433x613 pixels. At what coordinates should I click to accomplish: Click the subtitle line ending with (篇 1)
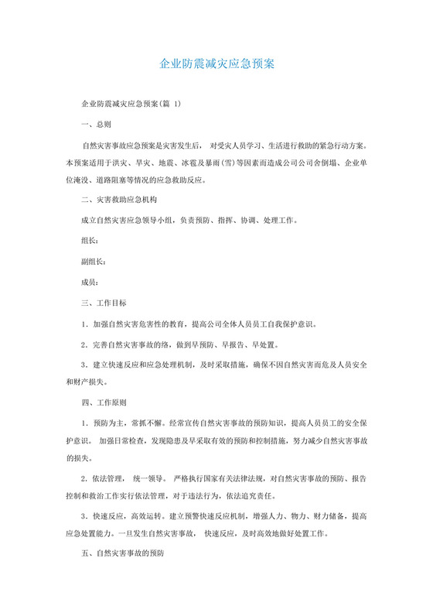pyautogui.click(x=131, y=103)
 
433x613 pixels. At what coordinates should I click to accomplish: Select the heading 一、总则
pyautogui.click(x=96, y=124)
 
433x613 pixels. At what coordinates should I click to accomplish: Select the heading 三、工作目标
pyautogui.click(x=104, y=303)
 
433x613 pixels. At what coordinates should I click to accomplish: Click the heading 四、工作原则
pyautogui.click(x=104, y=403)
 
